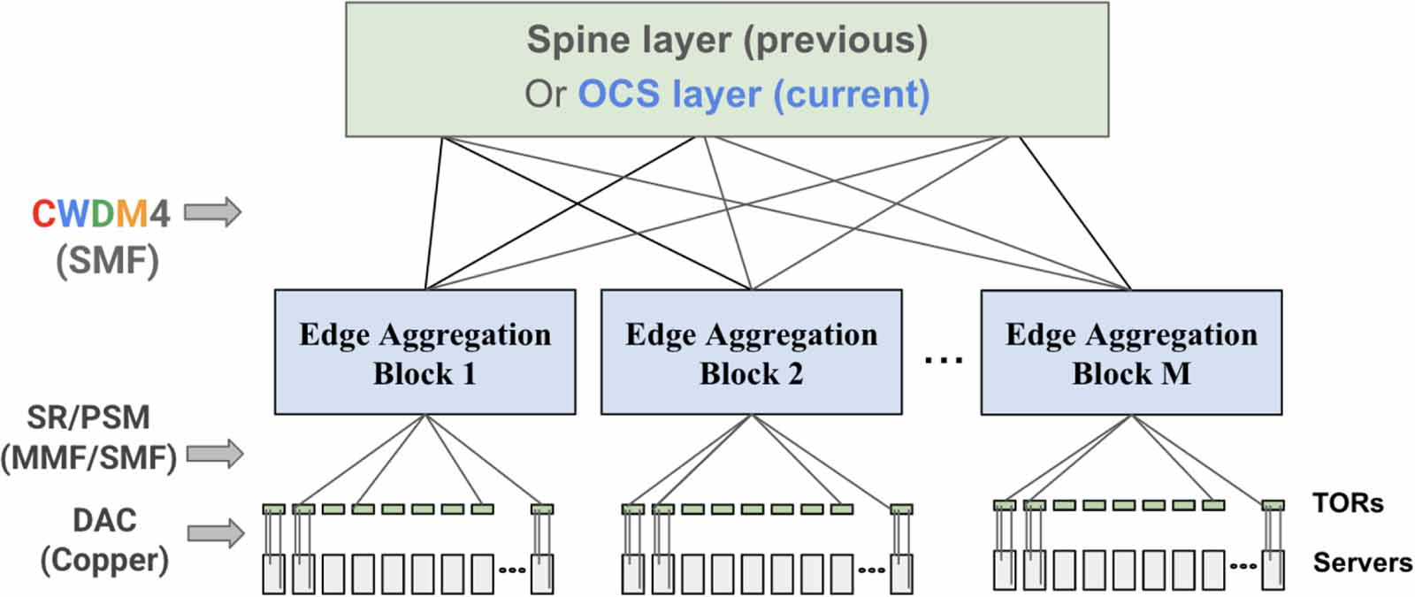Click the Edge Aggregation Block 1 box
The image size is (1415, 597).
[424, 352]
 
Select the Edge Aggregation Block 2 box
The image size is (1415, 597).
[751, 352]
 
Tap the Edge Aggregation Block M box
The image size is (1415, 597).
[1130, 352]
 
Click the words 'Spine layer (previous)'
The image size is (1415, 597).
[727, 40]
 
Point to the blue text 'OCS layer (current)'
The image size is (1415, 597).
[753, 94]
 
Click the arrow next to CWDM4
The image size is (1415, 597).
[212, 212]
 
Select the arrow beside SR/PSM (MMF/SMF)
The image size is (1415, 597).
[214, 454]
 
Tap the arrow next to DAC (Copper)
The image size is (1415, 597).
[215, 532]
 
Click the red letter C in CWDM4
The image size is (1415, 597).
[43, 214]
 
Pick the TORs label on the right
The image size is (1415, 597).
[1349, 503]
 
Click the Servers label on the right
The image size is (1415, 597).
[1362, 562]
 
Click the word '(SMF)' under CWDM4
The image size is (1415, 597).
[107, 261]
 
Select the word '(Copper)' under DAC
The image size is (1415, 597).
[104, 560]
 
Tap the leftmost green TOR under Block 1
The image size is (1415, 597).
[273, 509]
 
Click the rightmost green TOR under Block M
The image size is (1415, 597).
[1273, 505]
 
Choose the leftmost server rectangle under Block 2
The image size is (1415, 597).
[632, 572]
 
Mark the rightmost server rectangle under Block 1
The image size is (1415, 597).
[542, 572]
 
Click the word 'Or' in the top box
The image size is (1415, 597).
[545, 94]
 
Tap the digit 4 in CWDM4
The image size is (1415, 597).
[159, 214]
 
